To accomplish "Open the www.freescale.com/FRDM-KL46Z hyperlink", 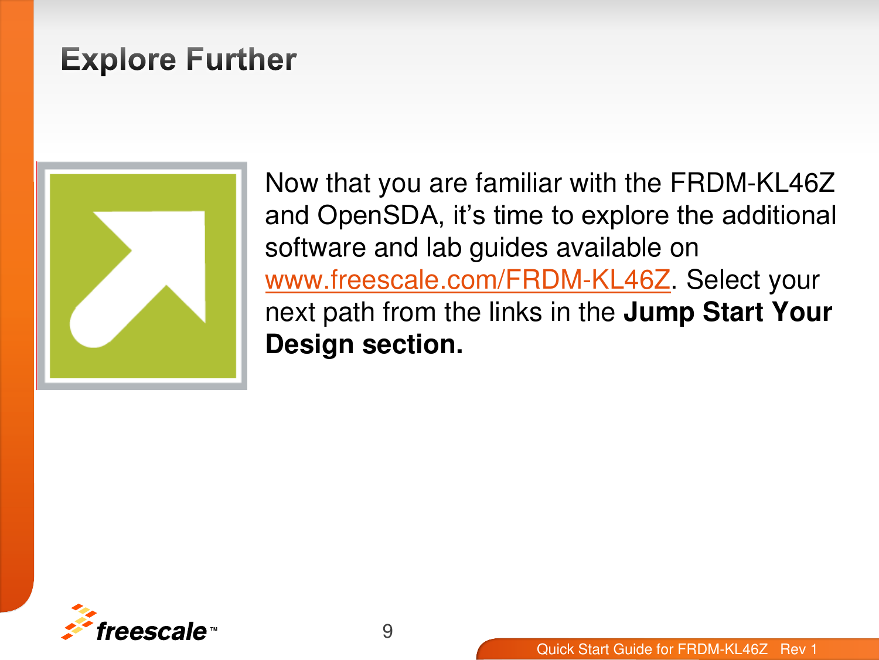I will [467, 280].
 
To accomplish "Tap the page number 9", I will [387, 631].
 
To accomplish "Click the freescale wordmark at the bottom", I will [151, 632].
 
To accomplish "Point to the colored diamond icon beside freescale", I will [77, 621].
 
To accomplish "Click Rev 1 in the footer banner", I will [798, 649].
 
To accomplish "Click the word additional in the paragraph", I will [779, 215].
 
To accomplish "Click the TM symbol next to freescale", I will [213, 629].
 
